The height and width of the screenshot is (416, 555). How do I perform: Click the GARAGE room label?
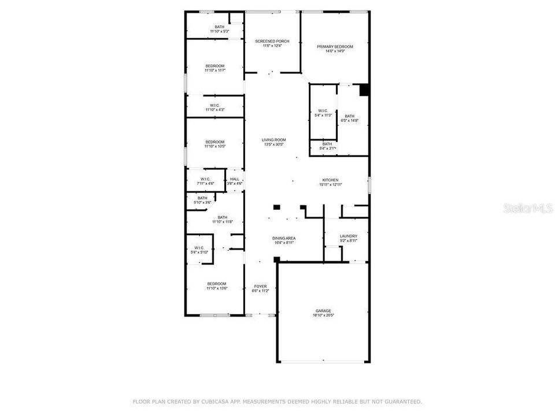coord(323,311)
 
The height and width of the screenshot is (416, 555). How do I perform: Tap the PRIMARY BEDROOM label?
coord(335,46)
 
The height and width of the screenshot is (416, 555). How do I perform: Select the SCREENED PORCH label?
coord(272,41)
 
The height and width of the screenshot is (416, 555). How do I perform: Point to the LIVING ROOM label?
coord(274,140)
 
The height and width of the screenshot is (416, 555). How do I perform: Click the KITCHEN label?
coord(331,180)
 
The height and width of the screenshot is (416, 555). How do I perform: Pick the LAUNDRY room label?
coord(349,236)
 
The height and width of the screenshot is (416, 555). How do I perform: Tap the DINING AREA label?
coord(284,238)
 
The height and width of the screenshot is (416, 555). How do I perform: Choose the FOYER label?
coord(261,286)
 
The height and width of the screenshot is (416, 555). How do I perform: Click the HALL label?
coord(235,179)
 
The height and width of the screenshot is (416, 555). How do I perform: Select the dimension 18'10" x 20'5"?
coord(323,315)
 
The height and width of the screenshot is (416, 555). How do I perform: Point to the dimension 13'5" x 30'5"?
coord(274,144)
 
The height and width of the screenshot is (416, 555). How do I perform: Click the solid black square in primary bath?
coord(364,90)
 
